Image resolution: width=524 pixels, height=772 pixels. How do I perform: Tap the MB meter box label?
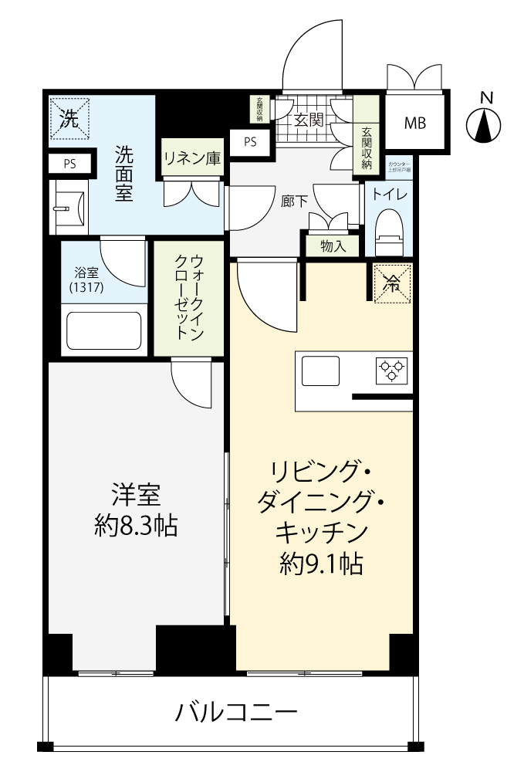click(x=415, y=122)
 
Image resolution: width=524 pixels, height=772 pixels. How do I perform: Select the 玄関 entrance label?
click(x=308, y=120)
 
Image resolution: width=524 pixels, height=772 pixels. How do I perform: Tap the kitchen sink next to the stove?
click(x=320, y=371)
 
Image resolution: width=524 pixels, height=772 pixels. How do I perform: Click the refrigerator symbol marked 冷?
click(x=391, y=283)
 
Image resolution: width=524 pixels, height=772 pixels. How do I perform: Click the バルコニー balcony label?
click(x=235, y=711)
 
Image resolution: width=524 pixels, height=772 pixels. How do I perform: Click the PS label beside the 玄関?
click(x=250, y=141)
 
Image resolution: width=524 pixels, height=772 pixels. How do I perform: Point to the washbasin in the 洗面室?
click(x=66, y=206)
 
